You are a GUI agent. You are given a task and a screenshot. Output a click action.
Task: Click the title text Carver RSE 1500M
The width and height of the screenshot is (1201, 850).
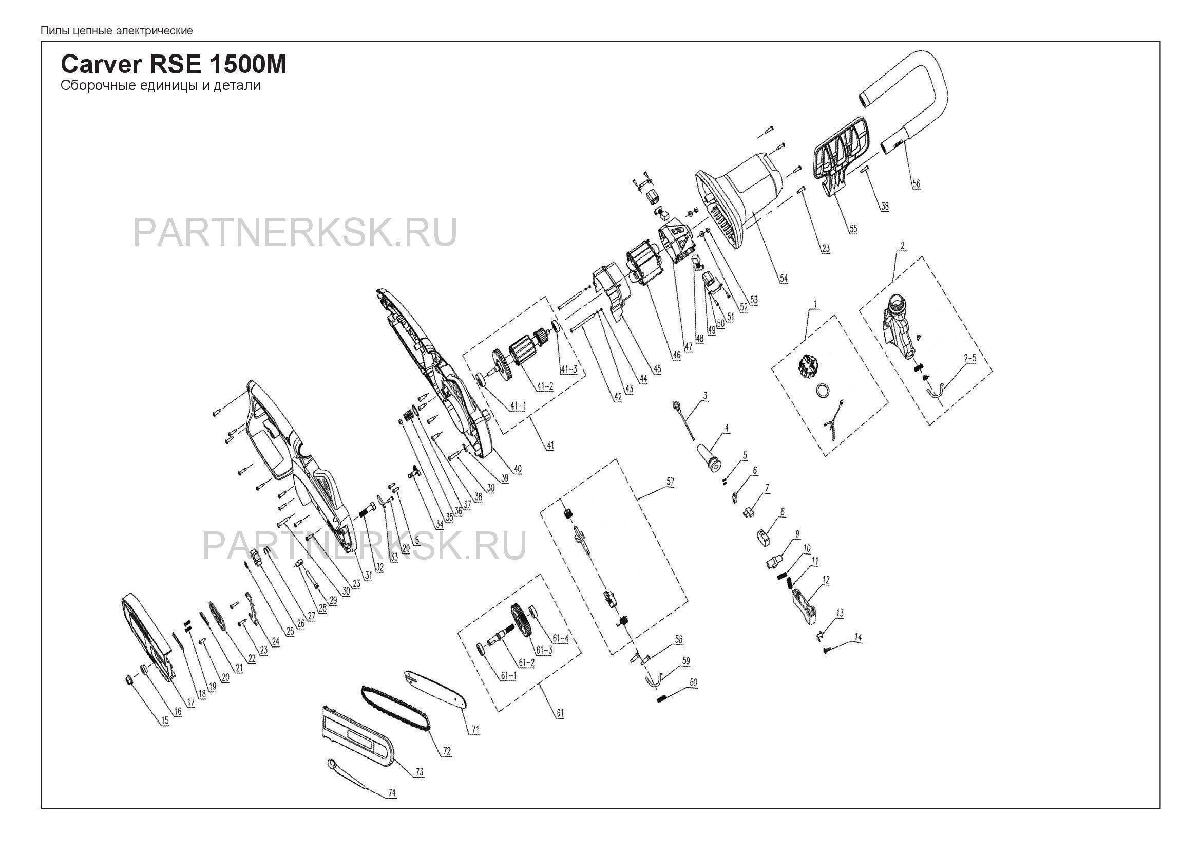173,65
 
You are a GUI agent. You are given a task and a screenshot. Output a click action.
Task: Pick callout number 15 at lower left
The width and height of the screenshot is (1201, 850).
165,720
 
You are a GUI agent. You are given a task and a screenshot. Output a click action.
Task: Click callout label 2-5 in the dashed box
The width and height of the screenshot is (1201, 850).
970,359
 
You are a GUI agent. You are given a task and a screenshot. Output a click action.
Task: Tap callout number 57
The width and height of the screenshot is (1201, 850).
671,482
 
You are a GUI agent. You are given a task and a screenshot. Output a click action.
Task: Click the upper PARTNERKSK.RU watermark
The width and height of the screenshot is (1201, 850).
295,232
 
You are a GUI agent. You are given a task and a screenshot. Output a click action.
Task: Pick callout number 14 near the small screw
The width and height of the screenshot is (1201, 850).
858,637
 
